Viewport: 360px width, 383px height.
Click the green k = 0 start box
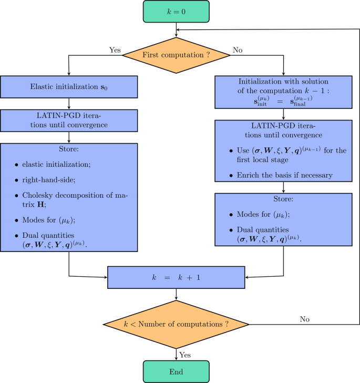tap(176, 11)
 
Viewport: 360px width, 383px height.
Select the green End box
tap(176, 371)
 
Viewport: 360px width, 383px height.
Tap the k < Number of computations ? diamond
tap(176, 324)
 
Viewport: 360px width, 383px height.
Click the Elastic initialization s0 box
tap(69, 86)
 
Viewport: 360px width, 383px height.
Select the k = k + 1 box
tap(176, 277)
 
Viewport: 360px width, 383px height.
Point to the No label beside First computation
tap(238, 51)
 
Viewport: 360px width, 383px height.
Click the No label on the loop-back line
tap(304, 318)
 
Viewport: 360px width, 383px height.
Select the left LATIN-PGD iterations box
tap(69, 120)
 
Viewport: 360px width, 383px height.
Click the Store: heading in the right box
tap(284, 200)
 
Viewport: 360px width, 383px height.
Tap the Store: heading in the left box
tap(69, 149)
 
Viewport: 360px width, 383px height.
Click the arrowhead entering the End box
tap(176, 359)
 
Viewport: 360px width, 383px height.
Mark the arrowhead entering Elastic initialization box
tap(69, 74)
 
